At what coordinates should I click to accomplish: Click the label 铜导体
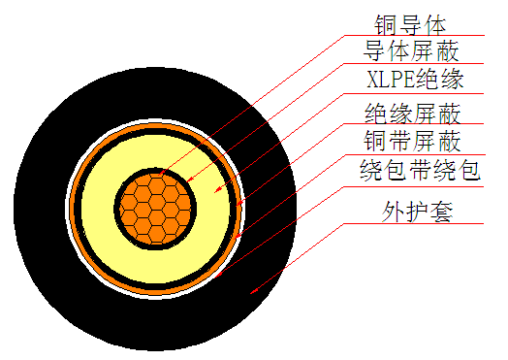tap(406, 21)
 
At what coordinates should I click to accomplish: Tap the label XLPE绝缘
tap(413, 79)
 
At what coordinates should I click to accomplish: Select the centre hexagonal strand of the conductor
tap(156, 205)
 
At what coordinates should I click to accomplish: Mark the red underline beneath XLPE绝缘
tap(427, 93)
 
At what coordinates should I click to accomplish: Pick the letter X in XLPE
tap(373, 79)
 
